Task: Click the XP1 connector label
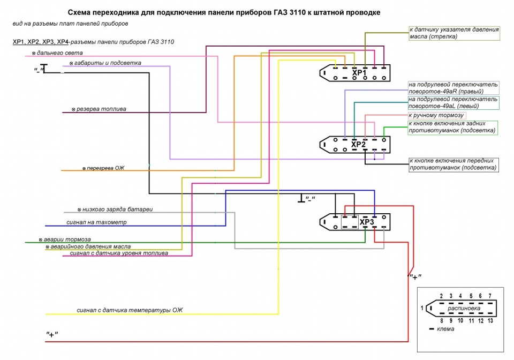358,72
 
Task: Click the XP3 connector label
366,222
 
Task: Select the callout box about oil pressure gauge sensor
453,33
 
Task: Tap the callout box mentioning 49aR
453,88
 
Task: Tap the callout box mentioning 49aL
453,103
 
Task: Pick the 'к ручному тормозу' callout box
436,115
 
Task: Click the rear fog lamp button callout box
452,127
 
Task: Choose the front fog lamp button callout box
453,164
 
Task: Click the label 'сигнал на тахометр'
96,222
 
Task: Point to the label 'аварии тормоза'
65,239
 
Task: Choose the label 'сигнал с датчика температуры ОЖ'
130,310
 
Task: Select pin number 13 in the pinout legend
490,320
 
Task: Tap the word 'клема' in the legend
445,329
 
